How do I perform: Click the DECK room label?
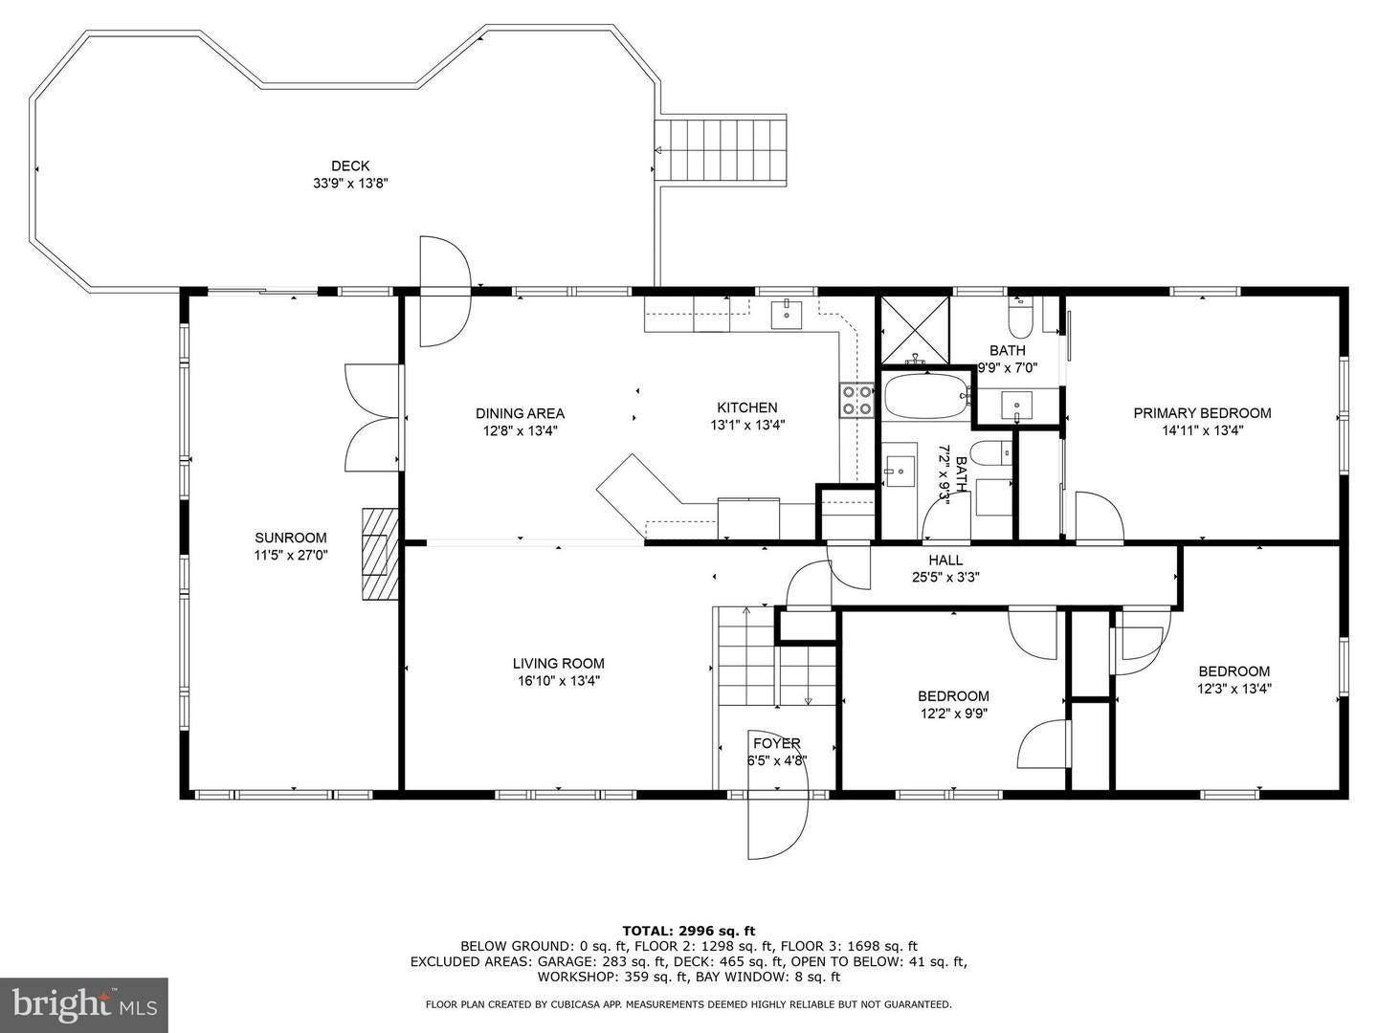pos(349,165)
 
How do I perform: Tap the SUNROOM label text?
pos(290,538)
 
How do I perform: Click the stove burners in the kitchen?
pos(857,400)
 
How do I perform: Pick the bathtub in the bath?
pos(925,397)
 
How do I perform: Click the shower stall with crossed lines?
pos(914,330)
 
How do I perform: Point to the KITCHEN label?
pos(747,407)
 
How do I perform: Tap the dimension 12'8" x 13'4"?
pos(520,430)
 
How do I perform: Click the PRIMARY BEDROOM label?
pos(1202,413)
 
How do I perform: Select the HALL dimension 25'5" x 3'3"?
pos(945,577)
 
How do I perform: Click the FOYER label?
pos(776,743)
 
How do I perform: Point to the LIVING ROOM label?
pos(558,663)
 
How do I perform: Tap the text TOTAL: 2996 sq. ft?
pos(688,930)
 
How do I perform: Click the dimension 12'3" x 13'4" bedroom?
pos(1234,688)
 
